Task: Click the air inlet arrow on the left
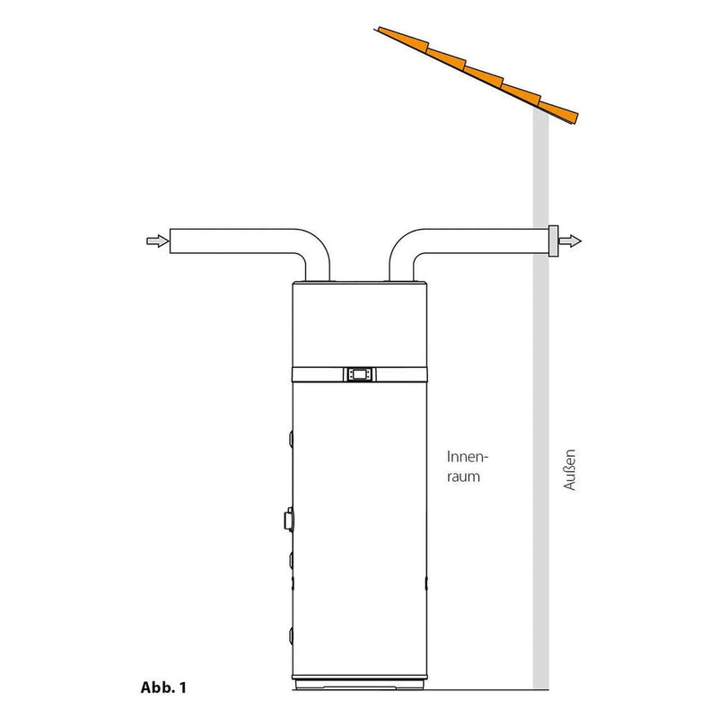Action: pyautogui.click(x=154, y=241)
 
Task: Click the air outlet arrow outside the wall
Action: pyautogui.click(x=572, y=241)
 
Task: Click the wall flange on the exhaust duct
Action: pyautogui.click(x=553, y=241)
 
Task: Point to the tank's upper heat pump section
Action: pyautogui.click(x=359, y=323)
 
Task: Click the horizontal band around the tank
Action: pyautogui.click(x=314, y=372)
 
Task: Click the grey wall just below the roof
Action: pyautogui.click(x=541, y=162)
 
